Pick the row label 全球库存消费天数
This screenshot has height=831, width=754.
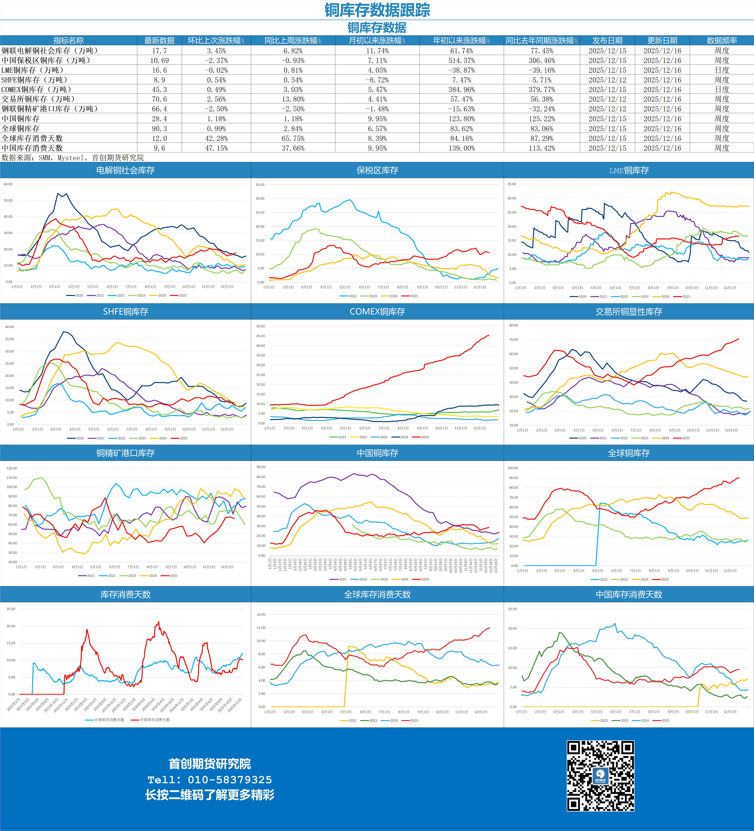pos(32,138)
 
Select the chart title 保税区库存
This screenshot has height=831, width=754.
pos(377,170)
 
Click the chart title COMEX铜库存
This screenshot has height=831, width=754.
pos(377,312)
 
